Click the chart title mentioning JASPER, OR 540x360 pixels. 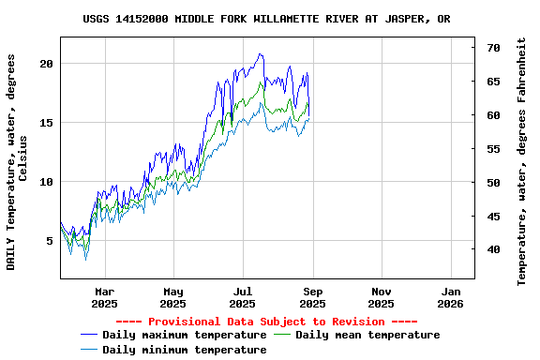click(266, 19)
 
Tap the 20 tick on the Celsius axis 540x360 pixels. click(47, 63)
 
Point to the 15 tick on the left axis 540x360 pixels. click(47, 122)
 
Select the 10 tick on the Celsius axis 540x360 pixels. click(47, 181)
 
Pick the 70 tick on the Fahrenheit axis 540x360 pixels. click(493, 47)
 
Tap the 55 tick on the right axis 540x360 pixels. click(493, 148)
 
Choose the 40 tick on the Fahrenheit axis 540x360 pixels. click(493, 249)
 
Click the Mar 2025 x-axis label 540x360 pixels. click(104, 297)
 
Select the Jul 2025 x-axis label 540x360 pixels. click(243, 297)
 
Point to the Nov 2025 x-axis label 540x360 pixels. click(381, 297)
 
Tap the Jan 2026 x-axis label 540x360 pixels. click(450, 297)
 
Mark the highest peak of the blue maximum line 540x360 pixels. click(260, 54)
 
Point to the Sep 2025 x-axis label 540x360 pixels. click(312, 297)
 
